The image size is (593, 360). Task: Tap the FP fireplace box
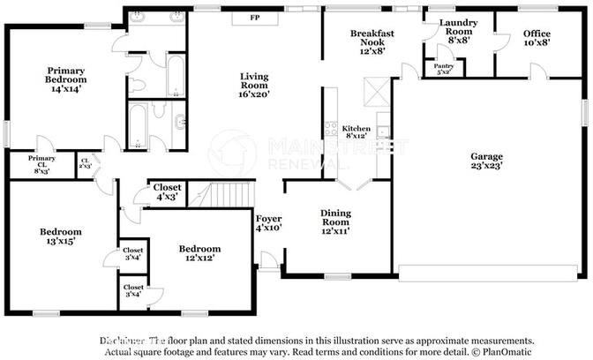(x=255, y=18)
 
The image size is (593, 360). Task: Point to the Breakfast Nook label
(x=371, y=39)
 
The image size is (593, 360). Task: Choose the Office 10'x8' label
(x=537, y=38)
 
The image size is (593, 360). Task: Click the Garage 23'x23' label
(x=487, y=161)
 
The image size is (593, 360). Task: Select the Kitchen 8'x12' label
(x=357, y=132)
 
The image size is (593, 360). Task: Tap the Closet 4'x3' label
(x=167, y=191)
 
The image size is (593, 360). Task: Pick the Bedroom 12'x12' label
(x=199, y=254)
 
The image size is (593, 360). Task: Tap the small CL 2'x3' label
(x=85, y=163)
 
